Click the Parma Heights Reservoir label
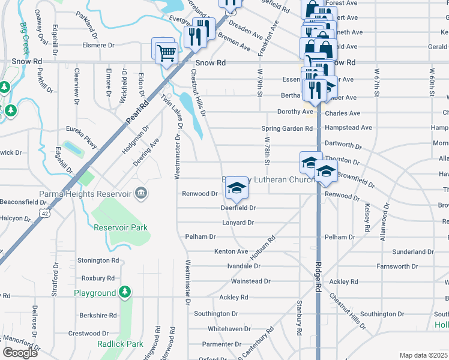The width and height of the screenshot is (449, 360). [x=85, y=194]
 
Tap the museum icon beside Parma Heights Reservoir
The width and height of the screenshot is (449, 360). [x=141, y=193]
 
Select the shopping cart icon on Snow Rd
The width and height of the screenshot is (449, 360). [x=166, y=52]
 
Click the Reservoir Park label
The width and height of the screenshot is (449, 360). [x=121, y=227]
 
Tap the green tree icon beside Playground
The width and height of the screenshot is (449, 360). [x=124, y=292]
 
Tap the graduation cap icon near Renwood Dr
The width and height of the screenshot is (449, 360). [x=237, y=189]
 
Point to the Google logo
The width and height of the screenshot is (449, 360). [x=19, y=353]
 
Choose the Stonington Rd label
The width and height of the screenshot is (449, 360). [x=98, y=260]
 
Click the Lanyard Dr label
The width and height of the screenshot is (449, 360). [x=238, y=223]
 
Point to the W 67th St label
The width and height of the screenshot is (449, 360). [x=376, y=83]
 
